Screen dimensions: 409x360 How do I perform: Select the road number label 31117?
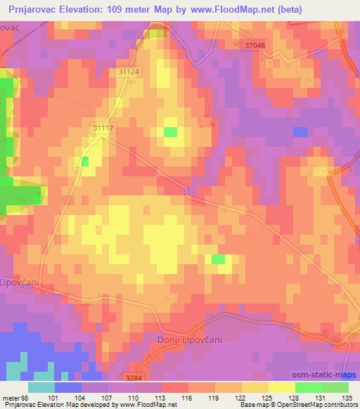click(x=102, y=128)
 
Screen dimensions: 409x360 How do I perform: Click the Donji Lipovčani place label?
click(x=188, y=339)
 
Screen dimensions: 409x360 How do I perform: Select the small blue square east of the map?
click(x=300, y=131)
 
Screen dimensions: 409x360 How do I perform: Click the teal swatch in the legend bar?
click(x=41, y=387)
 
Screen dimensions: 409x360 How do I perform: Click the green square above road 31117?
click(x=170, y=131)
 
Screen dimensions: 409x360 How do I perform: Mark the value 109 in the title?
click(x=119, y=9)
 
